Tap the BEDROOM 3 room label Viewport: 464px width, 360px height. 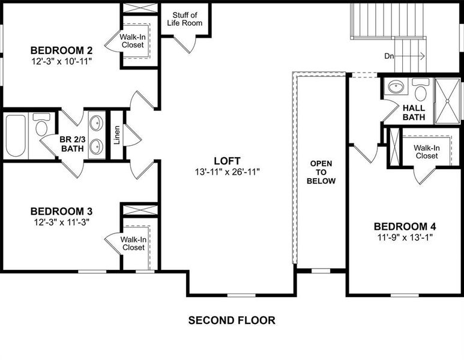(61, 211)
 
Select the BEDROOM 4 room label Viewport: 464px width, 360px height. (405, 226)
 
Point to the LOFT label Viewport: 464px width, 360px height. (227, 161)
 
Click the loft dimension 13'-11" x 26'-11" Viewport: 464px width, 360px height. (227, 172)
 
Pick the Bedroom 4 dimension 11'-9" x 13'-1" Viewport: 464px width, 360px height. (405, 237)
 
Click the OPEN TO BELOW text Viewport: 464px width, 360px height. (322, 172)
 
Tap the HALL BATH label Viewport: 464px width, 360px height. (414, 112)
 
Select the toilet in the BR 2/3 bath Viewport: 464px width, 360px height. (41, 125)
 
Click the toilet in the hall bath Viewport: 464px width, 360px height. (420, 91)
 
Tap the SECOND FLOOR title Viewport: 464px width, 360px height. (232, 320)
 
